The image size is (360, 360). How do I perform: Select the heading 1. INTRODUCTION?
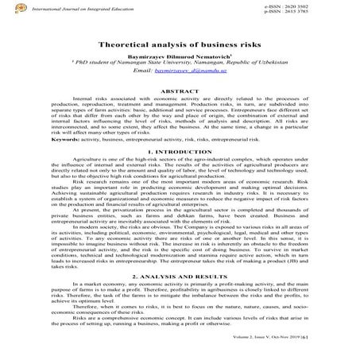click(180, 150)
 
